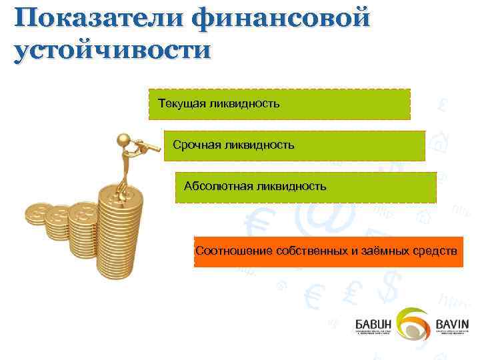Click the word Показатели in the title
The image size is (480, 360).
[94, 18]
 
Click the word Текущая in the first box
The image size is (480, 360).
[181, 103]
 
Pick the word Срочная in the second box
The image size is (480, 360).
[195, 145]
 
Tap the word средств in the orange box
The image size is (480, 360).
[433, 251]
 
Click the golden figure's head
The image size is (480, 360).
[123, 140]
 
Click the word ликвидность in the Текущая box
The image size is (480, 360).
[243, 103]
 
